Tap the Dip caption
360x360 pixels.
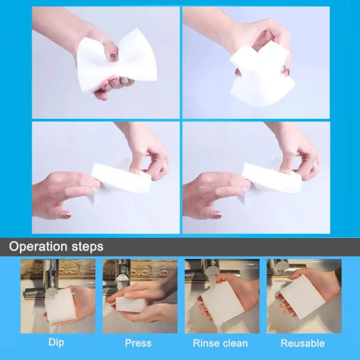point(56,342)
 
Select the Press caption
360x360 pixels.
point(138,343)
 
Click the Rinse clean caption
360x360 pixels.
point(220,343)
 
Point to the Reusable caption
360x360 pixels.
point(302,343)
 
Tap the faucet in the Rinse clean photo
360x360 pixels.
point(202,270)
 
